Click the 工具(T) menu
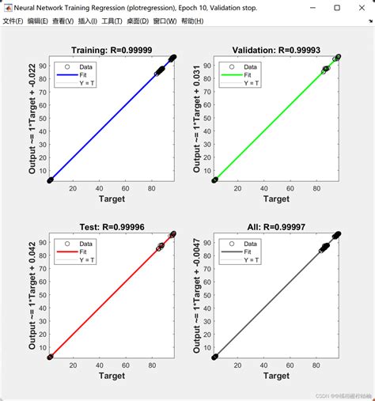[x=116, y=21]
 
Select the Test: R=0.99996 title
[x=112, y=225]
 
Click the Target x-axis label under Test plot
[x=112, y=376]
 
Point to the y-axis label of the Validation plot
[x=198, y=119]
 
